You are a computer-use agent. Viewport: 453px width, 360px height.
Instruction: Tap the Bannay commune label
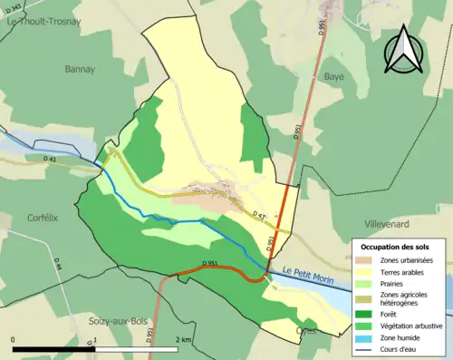point(80,68)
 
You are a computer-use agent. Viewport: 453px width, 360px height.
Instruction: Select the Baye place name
point(334,77)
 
